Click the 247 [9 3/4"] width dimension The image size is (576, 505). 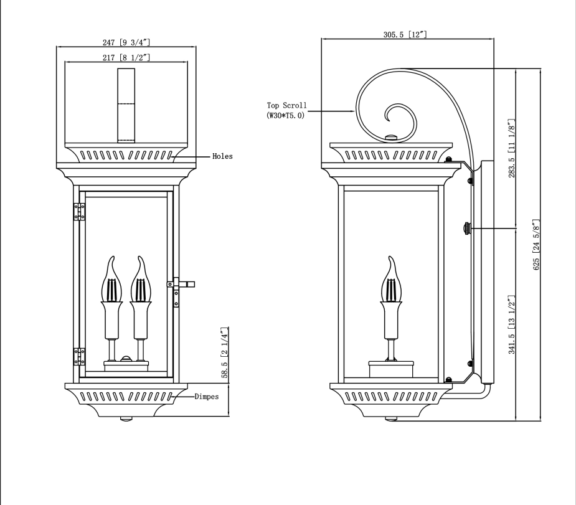126,42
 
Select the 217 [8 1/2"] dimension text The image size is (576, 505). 126,57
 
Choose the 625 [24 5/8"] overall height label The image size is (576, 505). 536,244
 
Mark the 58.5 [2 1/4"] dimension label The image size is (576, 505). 225,351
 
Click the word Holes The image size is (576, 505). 222,156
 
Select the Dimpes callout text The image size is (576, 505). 206,396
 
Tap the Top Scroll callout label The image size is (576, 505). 286,110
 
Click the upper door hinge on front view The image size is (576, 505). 80,212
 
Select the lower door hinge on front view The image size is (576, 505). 80,356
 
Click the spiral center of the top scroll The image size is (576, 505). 395,116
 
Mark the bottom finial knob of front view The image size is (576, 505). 126,419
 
